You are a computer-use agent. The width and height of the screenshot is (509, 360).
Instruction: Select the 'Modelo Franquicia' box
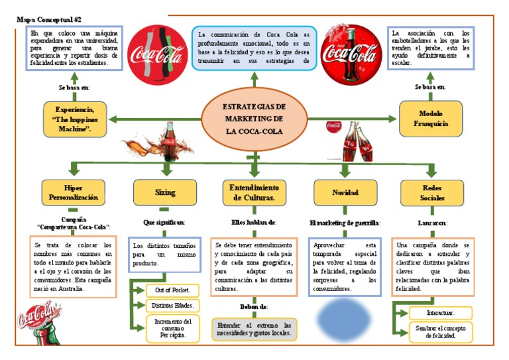tap(431, 118)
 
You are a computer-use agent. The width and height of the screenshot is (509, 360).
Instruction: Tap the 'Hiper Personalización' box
tap(73, 192)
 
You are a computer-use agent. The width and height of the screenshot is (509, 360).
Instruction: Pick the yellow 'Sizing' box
tap(165, 192)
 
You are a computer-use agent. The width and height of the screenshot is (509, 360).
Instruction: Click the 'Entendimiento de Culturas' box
tap(254, 192)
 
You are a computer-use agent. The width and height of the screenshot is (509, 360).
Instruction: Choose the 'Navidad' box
tap(345, 192)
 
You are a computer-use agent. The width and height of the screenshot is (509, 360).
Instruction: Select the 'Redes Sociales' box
tap(431, 192)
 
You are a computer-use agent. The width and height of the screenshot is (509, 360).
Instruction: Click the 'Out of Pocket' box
tap(172, 290)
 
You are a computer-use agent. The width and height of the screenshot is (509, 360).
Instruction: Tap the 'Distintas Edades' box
tap(172, 305)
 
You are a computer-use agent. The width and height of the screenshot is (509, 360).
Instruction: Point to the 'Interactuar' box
tap(440, 312)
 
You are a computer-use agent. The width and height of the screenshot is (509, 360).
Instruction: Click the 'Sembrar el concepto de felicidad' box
tap(440, 331)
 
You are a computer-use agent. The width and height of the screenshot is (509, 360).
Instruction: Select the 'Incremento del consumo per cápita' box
tap(172, 328)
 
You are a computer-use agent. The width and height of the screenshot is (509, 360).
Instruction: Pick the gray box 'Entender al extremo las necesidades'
tap(254, 330)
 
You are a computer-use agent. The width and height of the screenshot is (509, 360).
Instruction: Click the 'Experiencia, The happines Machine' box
tap(73, 118)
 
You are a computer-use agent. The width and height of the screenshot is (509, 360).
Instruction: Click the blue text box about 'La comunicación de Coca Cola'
tap(254, 47)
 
